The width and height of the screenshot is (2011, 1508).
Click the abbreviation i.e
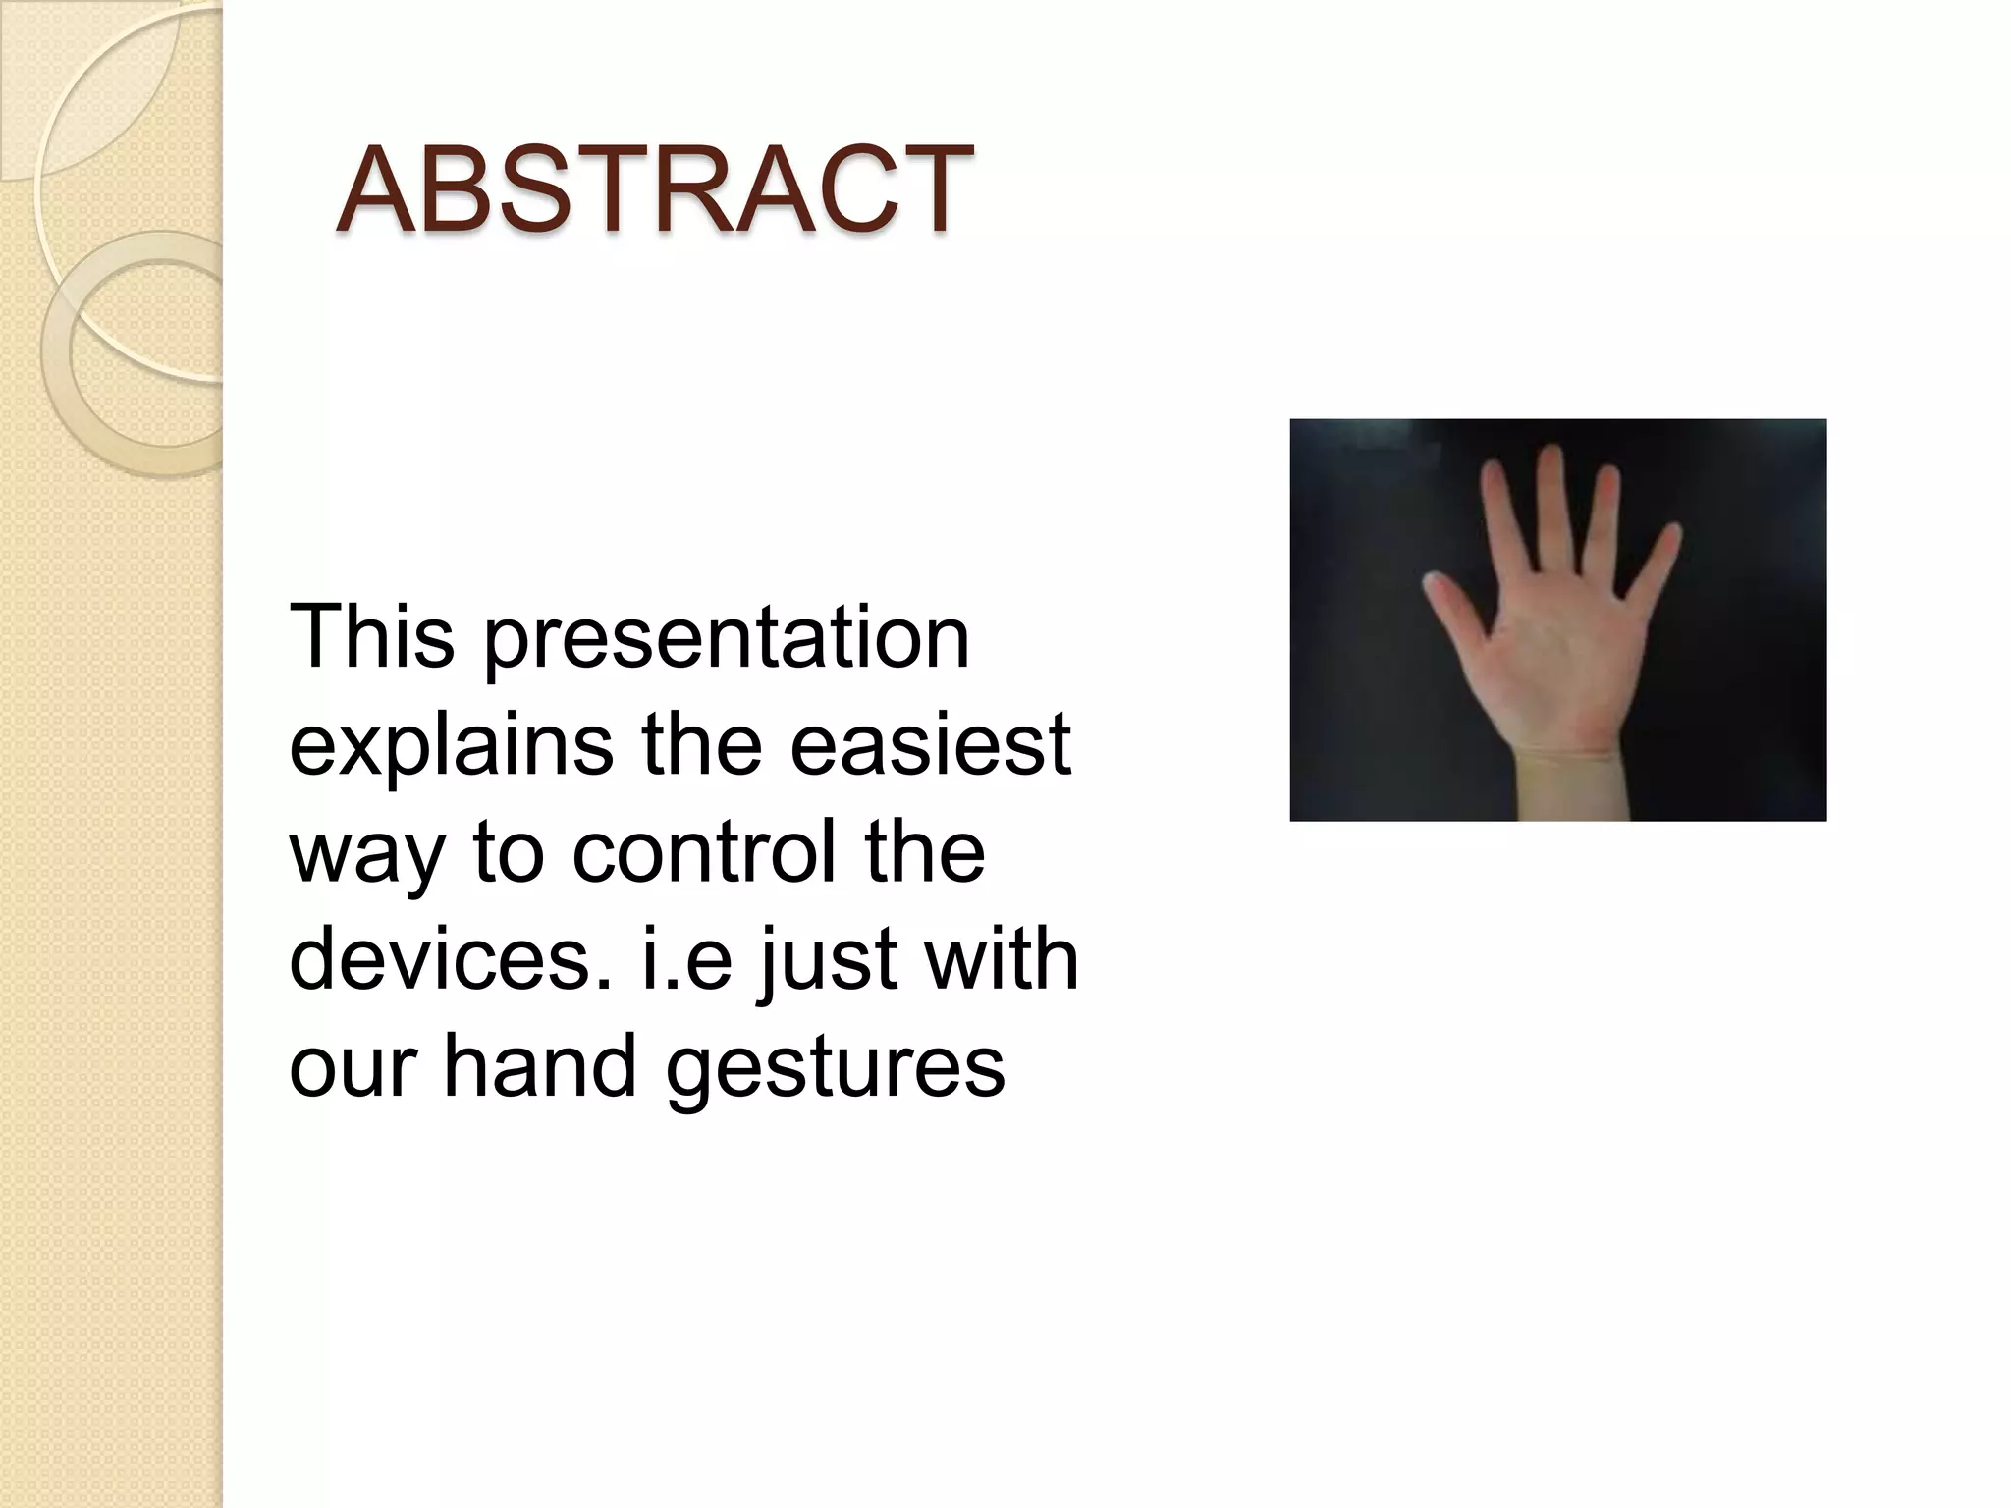point(686,958)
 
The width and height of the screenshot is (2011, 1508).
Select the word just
point(831,960)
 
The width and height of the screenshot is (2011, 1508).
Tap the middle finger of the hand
point(1551,511)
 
